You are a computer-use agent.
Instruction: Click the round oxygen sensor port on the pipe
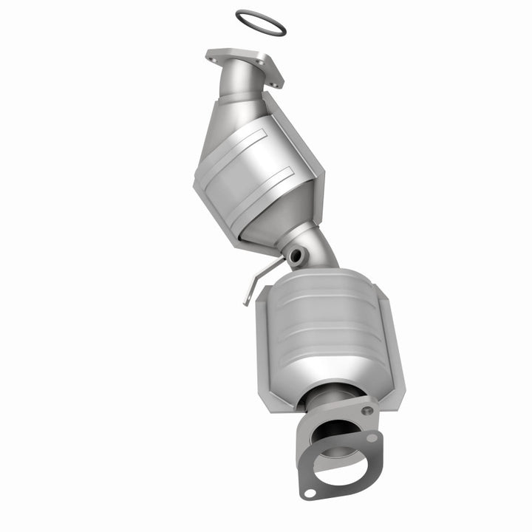pos(297,256)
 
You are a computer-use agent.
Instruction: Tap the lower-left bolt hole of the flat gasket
pos(310,493)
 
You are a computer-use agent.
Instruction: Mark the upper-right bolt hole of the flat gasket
pos(372,437)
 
